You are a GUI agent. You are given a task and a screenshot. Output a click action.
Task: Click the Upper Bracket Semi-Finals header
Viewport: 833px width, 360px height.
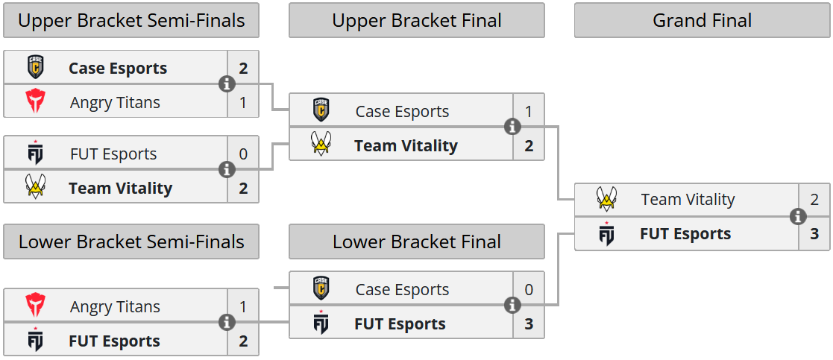tap(131, 20)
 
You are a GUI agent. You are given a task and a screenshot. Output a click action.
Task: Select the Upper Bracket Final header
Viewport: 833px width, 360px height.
tap(416, 20)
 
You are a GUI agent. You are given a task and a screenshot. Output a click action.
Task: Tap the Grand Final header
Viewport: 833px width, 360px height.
tap(702, 20)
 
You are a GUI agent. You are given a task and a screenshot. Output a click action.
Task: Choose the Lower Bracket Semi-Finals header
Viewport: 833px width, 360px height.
tap(131, 241)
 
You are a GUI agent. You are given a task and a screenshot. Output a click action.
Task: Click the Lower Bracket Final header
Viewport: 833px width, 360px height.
tap(416, 241)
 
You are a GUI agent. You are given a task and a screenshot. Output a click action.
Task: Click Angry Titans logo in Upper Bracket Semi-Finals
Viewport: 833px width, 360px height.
tap(35, 102)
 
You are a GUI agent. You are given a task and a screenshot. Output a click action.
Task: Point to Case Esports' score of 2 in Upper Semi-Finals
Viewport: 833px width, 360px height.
tap(243, 69)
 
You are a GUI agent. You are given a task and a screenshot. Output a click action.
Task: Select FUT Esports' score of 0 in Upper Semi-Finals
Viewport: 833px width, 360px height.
tap(243, 154)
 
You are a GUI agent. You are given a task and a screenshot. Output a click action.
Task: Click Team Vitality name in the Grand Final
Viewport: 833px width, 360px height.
tap(688, 200)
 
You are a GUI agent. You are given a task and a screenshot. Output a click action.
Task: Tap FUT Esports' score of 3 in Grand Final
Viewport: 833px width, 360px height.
tap(814, 234)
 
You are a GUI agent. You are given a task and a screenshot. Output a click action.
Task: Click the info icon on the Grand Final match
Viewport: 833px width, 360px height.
tap(798, 217)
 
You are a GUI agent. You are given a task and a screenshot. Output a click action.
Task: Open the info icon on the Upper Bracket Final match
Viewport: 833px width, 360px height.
tap(512, 127)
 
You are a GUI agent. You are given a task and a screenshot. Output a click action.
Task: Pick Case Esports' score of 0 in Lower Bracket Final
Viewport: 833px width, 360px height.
tap(529, 290)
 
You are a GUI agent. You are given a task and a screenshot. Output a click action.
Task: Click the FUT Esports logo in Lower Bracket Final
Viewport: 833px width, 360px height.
tap(321, 324)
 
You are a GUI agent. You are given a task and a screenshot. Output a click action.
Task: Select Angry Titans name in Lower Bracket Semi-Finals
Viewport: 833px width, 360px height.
tap(115, 307)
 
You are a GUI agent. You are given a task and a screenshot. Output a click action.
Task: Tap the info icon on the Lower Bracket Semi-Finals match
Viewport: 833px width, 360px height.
tap(227, 323)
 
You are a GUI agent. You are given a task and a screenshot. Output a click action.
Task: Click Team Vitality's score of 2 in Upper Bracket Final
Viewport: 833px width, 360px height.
tap(529, 146)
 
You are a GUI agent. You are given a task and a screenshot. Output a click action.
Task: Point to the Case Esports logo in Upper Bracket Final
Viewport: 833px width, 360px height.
tap(321, 111)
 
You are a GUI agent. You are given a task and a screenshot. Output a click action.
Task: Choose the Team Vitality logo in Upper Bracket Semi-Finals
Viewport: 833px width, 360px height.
tap(35, 188)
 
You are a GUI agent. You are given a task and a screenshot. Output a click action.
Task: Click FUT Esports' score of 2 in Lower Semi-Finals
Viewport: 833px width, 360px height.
tap(243, 341)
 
